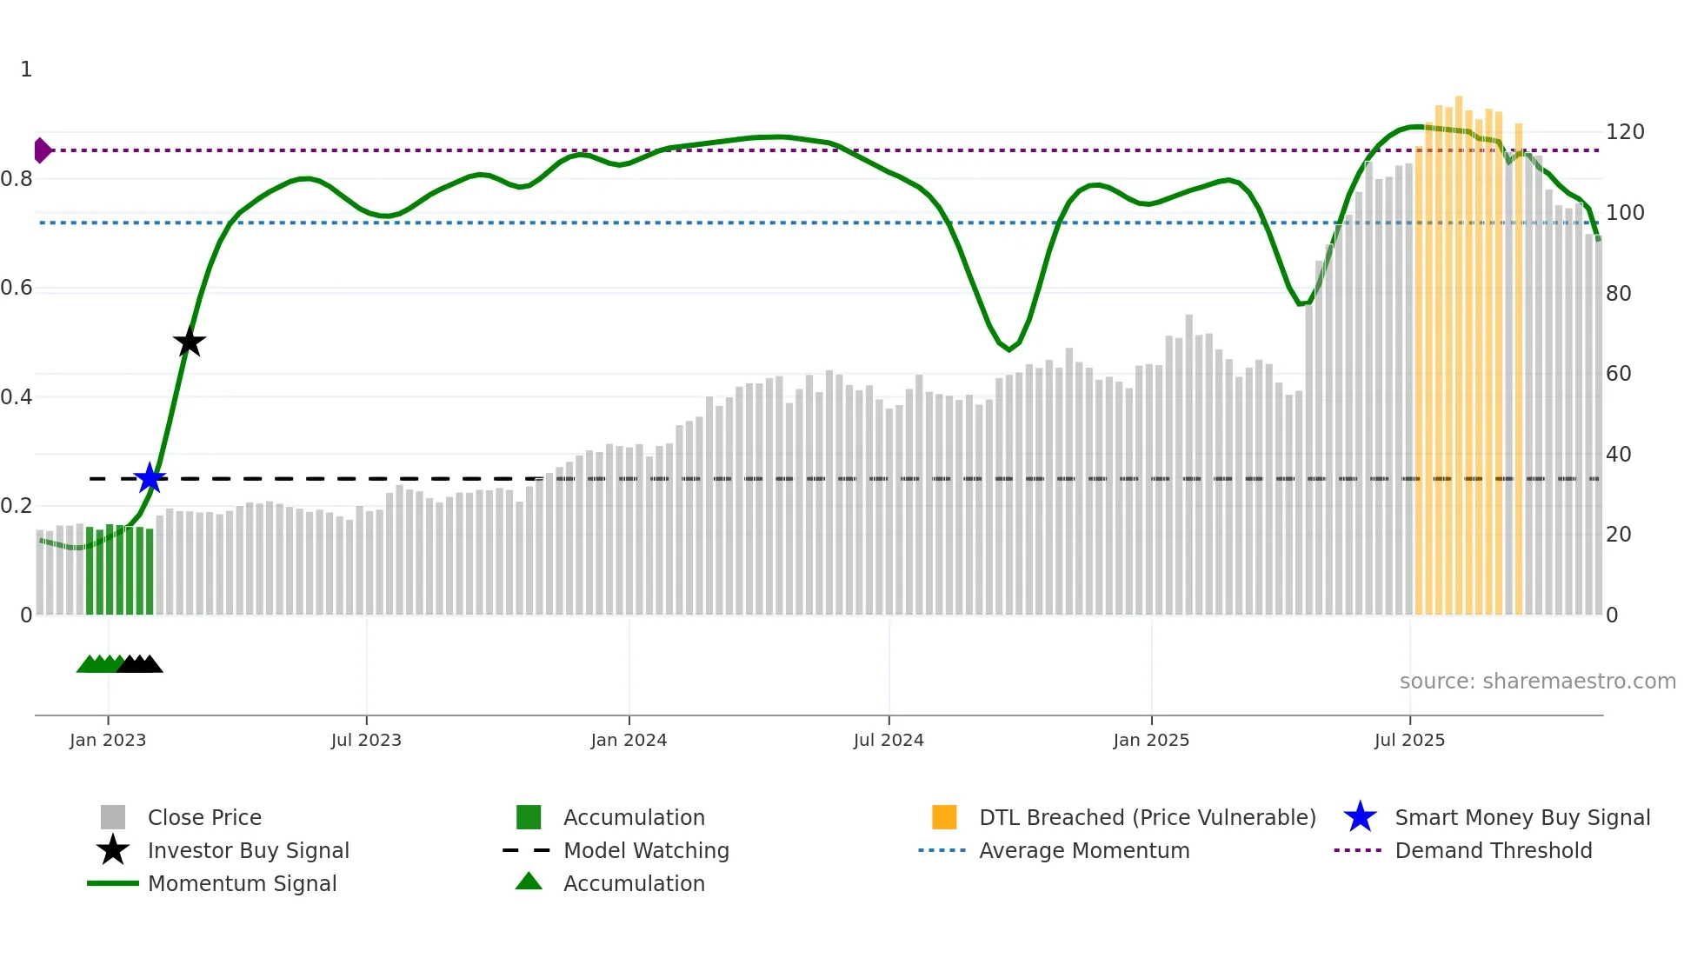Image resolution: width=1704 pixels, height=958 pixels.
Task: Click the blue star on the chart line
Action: click(x=150, y=478)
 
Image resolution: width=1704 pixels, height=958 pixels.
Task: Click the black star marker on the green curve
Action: click(x=189, y=342)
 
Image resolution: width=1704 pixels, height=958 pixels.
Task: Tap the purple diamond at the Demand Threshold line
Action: click(x=42, y=150)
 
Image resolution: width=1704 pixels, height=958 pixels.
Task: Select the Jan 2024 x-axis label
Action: click(x=629, y=740)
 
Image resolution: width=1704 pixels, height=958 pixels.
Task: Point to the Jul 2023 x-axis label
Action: click(x=366, y=740)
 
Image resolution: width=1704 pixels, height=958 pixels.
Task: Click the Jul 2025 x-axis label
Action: click(x=1409, y=740)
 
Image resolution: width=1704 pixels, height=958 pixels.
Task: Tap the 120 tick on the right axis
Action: click(x=1624, y=132)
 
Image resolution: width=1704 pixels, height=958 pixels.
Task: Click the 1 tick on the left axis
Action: click(x=26, y=70)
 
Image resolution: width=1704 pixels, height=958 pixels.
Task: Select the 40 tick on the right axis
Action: click(x=1618, y=454)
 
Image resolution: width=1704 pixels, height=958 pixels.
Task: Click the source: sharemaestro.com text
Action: click(x=1537, y=682)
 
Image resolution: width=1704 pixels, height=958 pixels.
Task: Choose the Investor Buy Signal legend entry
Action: click(x=248, y=850)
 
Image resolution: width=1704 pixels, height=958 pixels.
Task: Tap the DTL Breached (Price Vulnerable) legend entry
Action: click(x=1147, y=817)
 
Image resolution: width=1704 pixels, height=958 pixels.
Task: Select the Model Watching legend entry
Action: click(x=646, y=850)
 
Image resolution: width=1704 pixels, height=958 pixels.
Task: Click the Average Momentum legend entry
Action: click(x=1083, y=850)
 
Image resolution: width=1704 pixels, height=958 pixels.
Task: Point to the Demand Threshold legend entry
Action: click(x=1493, y=850)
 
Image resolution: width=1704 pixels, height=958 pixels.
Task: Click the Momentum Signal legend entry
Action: click(x=242, y=883)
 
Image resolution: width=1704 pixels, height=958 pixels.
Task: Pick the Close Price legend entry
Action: click(x=204, y=817)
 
